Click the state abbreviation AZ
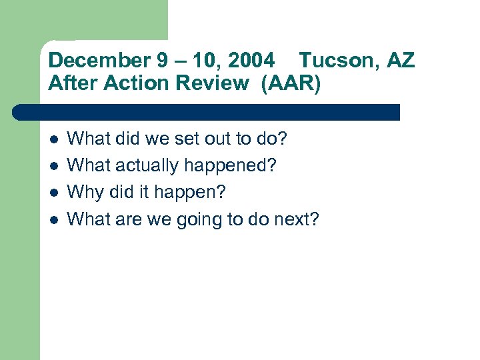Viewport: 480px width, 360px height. click(x=401, y=61)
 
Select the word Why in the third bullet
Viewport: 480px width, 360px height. click(x=85, y=193)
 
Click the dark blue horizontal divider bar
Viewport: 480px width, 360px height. click(x=207, y=112)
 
